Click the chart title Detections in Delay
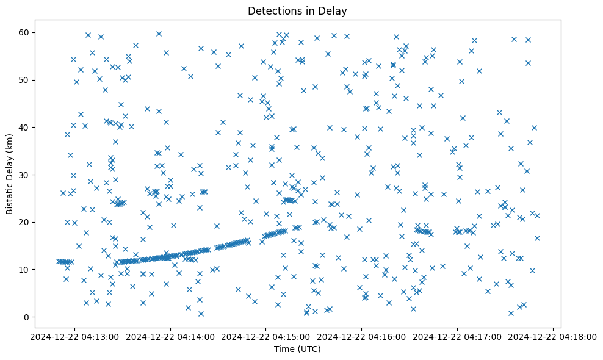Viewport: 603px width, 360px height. (x=297, y=11)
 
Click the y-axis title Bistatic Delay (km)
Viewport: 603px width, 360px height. (x=10, y=174)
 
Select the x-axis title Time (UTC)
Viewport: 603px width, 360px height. (x=297, y=350)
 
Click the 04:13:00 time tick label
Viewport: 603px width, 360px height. (x=76, y=336)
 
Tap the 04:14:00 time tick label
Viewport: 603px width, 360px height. (x=171, y=336)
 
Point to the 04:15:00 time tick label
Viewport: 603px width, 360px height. (x=267, y=336)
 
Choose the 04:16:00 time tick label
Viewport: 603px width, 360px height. (x=362, y=336)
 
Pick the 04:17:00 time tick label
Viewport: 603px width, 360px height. (x=458, y=336)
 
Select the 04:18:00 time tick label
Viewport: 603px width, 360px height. (x=553, y=336)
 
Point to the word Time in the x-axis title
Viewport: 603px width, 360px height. (x=284, y=350)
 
